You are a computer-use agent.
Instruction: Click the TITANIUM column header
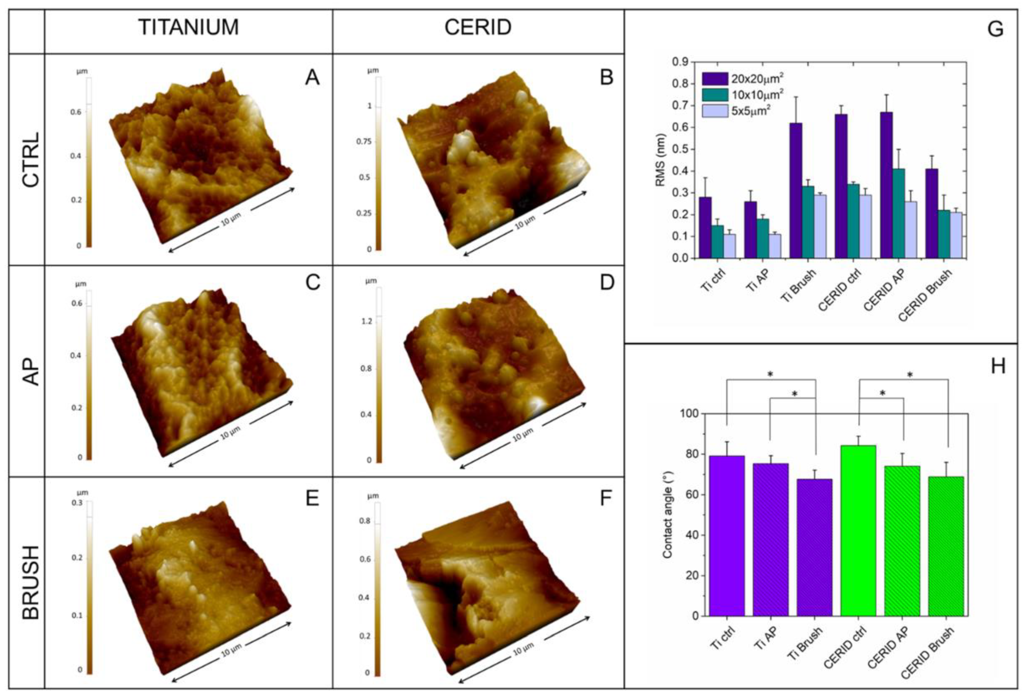click(x=189, y=27)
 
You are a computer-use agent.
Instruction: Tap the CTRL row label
click(x=31, y=159)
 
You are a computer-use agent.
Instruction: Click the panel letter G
click(x=995, y=29)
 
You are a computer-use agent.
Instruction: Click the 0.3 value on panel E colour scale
click(x=78, y=503)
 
